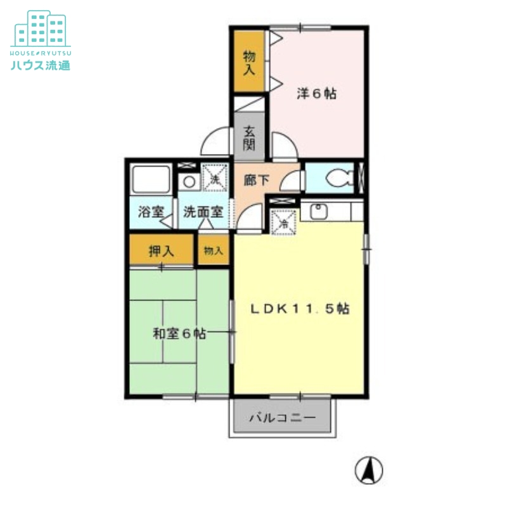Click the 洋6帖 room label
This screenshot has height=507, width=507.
point(316,94)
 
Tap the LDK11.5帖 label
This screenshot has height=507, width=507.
point(300,309)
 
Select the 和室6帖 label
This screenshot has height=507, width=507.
point(179,333)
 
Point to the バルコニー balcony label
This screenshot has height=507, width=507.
point(282,418)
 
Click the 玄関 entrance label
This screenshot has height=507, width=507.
point(249,138)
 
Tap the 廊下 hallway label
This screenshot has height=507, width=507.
point(257,180)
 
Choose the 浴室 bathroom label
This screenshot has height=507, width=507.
point(151,212)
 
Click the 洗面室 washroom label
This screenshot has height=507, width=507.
point(203,212)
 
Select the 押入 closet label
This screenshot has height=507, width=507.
point(162,250)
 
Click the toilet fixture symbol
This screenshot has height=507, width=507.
point(340,178)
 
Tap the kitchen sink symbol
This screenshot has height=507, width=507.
point(319,211)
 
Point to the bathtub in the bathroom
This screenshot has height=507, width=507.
point(151,179)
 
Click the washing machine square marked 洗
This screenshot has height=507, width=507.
point(215,177)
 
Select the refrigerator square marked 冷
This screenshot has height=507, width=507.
point(283,222)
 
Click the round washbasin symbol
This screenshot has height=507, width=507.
point(189,182)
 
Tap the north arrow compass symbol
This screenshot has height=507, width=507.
point(369,470)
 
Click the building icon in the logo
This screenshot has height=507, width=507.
point(41,29)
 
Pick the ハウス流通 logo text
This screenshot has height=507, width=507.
point(41,65)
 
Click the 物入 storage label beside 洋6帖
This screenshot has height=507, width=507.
point(249,62)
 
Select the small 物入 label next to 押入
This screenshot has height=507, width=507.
point(214,250)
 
